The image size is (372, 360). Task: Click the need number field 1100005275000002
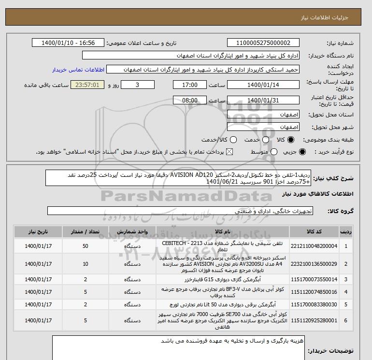click(x=263, y=43)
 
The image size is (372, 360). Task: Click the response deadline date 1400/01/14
click(x=263, y=85)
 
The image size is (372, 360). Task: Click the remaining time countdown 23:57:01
click(x=87, y=85)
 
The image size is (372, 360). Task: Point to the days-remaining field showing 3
click(x=138, y=85)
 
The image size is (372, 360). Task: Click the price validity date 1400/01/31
click(x=263, y=101)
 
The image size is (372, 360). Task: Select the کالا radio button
click(x=291, y=140)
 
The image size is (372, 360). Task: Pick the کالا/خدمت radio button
click(x=233, y=140)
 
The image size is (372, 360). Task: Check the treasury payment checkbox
click(x=229, y=152)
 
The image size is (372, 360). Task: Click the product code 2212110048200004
click(x=318, y=246)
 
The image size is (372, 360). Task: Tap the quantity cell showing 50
click(x=86, y=246)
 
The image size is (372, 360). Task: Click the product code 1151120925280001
click(x=318, y=320)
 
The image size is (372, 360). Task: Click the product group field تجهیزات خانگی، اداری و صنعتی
click(x=181, y=211)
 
